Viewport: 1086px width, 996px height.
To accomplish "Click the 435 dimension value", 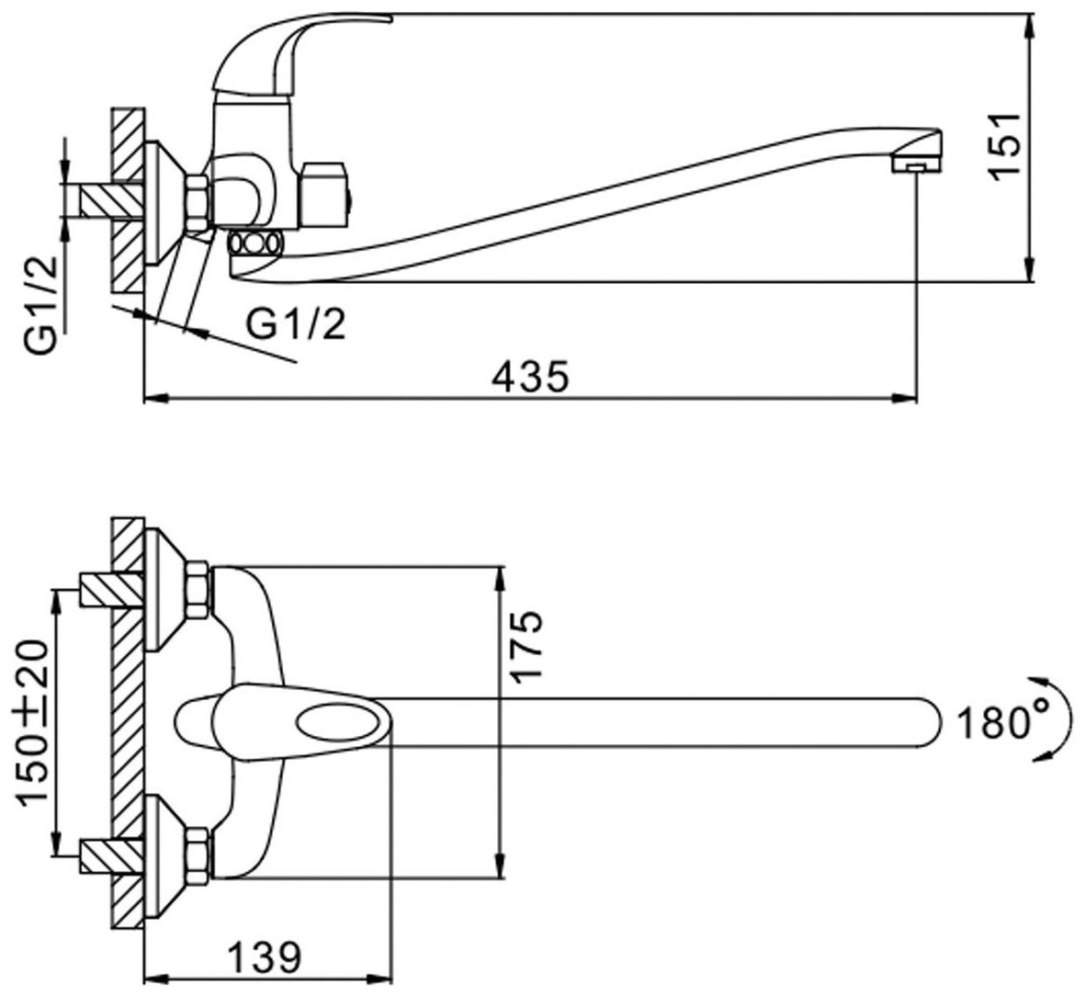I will point(530,375).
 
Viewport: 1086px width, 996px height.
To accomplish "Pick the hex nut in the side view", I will point(199,203).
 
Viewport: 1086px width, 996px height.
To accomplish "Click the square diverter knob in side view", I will point(327,195).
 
